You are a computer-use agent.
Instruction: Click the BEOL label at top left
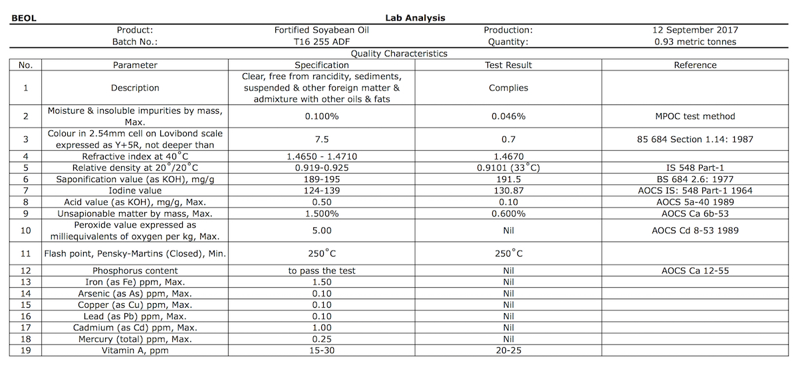(x=23, y=18)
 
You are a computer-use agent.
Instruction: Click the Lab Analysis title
(x=415, y=18)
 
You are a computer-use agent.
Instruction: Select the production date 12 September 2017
(x=695, y=30)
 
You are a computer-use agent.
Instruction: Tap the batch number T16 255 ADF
(x=321, y=42)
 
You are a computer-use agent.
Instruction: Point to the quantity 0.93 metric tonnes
(x=695, y=42)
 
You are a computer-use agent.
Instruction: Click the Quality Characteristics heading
(x=399, y=54)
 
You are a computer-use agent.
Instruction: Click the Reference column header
(x=695, y=65)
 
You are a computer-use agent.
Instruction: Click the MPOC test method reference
(x=695, y=116)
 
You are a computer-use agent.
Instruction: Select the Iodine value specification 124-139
(x=321, y=191)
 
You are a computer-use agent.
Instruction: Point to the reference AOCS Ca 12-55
(x=695, y=271)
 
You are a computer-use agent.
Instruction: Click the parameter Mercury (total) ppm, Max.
(x=135, y=339)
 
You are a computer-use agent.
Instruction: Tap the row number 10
(x=25, y=230)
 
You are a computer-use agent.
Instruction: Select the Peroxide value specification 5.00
(x=321, y=230)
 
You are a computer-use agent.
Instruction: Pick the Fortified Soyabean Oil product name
(x=321, y=30)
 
